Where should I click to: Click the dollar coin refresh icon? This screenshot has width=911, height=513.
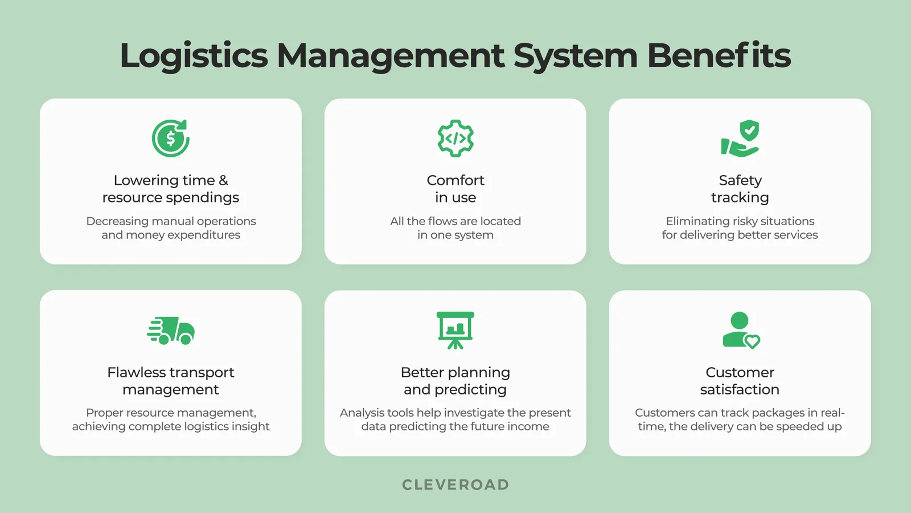point(171,139)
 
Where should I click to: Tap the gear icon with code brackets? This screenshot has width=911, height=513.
point(455,139)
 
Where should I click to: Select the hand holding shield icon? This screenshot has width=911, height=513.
point(740,139)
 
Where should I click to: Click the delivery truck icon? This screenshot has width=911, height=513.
point(171,331)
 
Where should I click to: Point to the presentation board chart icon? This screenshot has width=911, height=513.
point(455,330)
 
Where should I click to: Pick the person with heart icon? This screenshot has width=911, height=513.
point(740,330)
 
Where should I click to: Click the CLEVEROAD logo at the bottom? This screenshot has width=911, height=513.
point(455,484)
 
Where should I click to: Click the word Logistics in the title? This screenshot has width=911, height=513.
point(194,56)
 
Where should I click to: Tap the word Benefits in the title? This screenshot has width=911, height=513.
point(719,56)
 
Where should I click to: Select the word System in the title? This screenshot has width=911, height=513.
point(575,56)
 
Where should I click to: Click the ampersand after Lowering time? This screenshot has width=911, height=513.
point(223,181)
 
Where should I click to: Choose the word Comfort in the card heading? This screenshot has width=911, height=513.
point(455,181)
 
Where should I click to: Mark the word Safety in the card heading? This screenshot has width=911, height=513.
point(740,181)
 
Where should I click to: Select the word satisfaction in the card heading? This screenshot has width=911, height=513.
point(740,390)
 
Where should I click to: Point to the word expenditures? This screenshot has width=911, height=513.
point(204,235)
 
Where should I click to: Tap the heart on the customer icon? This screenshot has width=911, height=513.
point(752,341)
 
